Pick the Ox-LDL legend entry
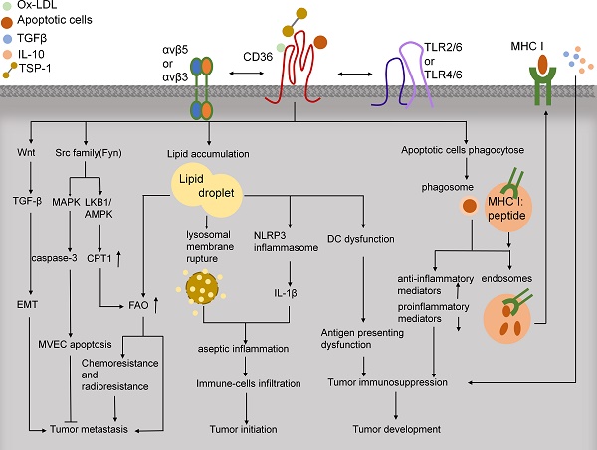37,6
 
